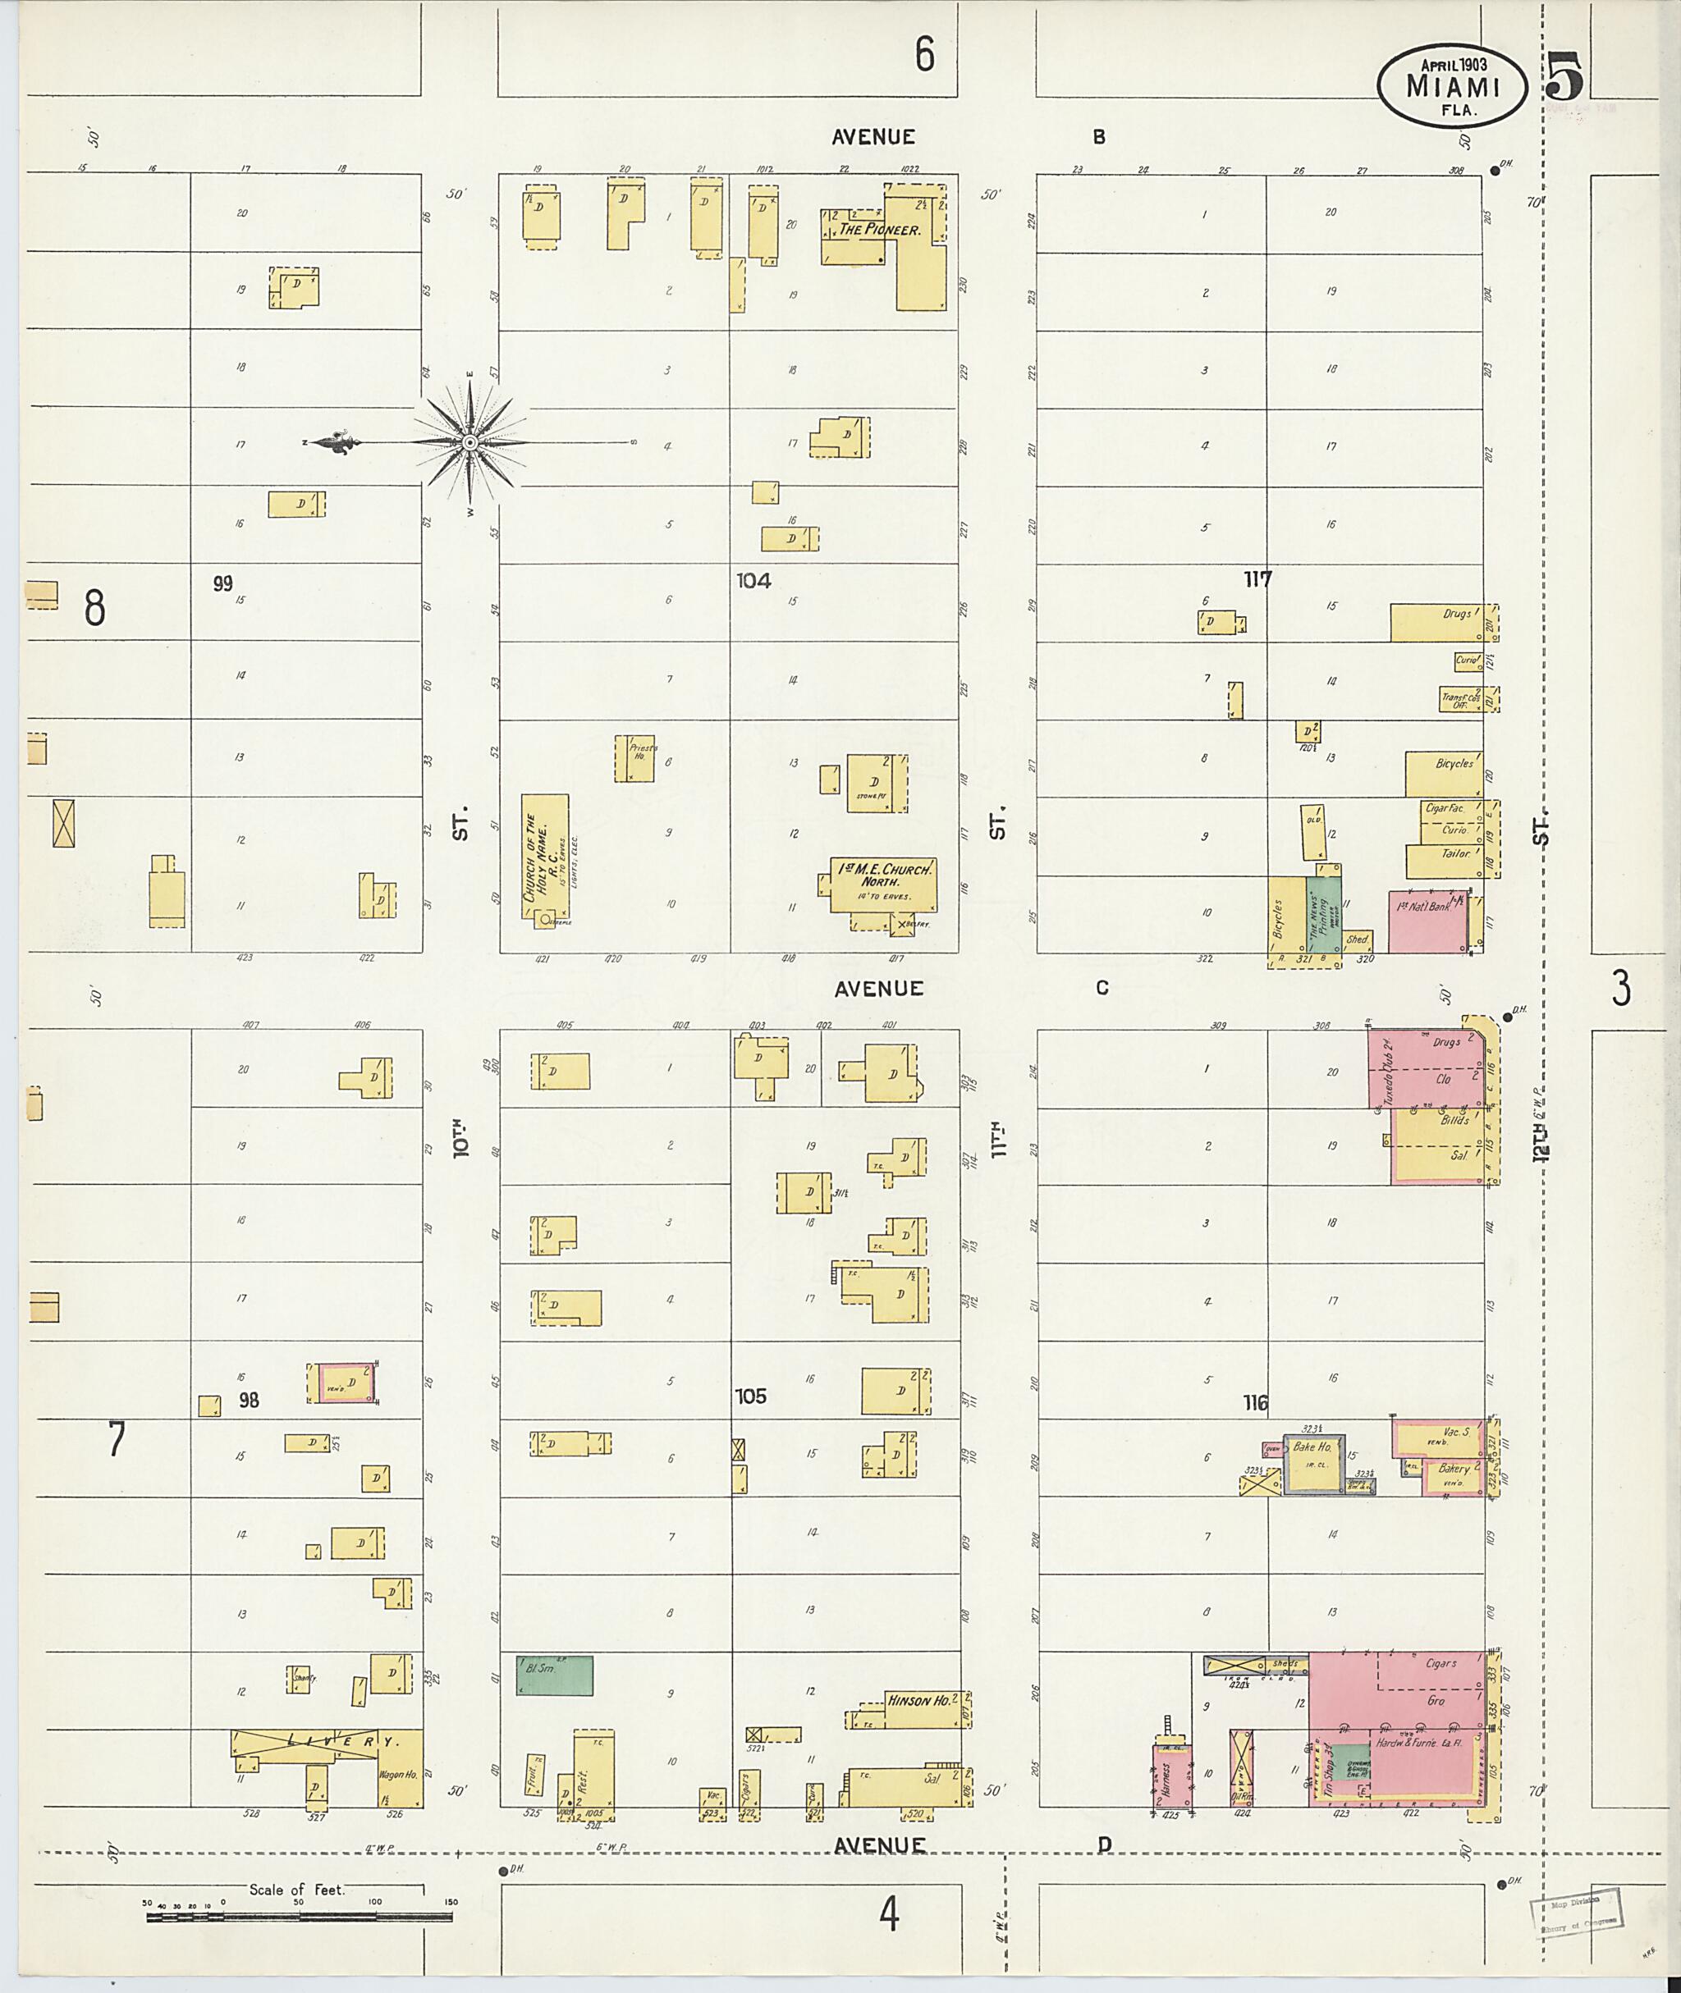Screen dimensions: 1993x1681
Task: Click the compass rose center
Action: [469, 443]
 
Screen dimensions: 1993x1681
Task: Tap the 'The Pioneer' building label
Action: [878, 230]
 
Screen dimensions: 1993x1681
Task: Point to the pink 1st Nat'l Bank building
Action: [1427, 921]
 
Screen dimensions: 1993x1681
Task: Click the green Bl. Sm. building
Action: [554, 1675]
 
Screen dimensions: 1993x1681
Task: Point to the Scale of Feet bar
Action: [300, 1915]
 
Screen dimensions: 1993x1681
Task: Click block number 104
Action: [753, 579]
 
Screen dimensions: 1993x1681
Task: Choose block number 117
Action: [1257, 578]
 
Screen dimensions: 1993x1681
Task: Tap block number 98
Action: [249, 1400]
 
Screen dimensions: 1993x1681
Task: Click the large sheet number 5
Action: [1564, 76]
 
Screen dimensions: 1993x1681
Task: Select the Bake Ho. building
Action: [1313, 1460]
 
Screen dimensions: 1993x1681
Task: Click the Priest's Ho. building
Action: [634, 758]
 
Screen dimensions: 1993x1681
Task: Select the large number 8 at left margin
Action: [94, 607]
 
